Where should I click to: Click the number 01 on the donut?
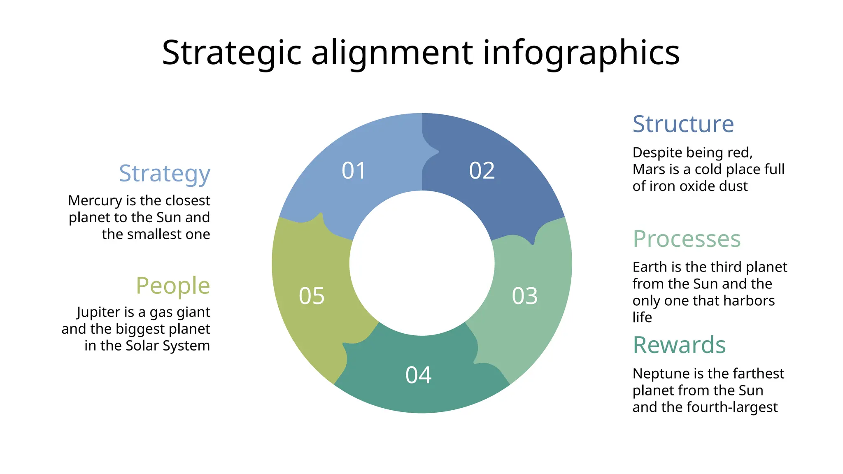[x=354, y=171]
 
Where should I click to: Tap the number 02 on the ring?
[x=482, y=171]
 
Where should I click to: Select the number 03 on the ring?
[x=524, y=296]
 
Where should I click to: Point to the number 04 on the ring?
[x=418, y=375]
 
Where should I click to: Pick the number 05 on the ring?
[x=312, y=296]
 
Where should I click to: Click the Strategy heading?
[x=165, y=174]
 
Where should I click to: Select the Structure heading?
[x=683, y=124]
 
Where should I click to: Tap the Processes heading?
[x=687, y=239]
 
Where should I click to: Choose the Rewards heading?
[x=679, y=345]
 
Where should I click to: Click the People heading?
[x=173, y=286]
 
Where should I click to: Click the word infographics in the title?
[x=581, y=53]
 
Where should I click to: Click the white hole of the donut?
[x=421, y=263]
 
